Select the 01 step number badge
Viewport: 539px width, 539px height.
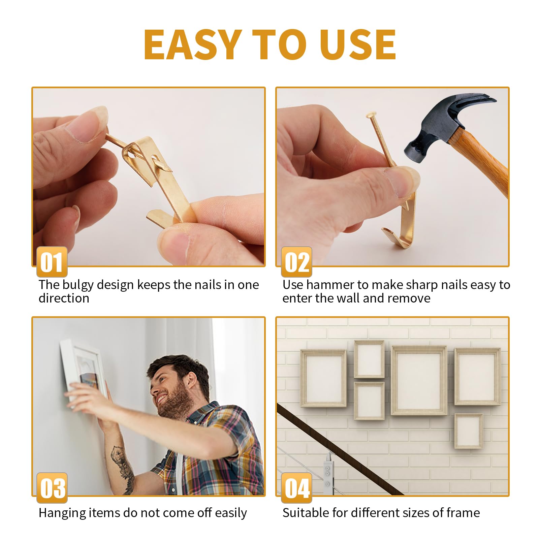52,262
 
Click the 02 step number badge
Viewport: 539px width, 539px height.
296,262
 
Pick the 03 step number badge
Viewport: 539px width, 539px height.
52,488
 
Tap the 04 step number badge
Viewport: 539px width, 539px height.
296,488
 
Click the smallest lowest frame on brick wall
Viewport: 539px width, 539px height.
468,431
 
